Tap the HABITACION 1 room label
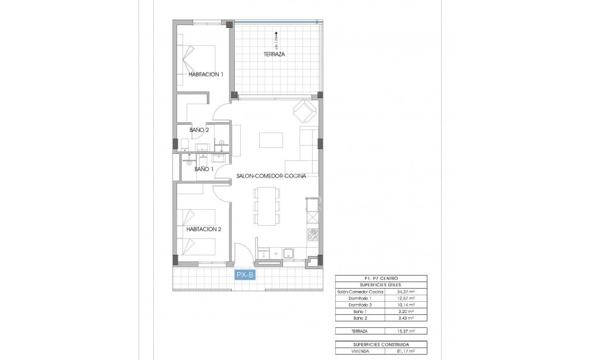(206, 74)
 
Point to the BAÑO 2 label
(199, 130)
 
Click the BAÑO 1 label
(204, 169)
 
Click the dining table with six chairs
(266, 206)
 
